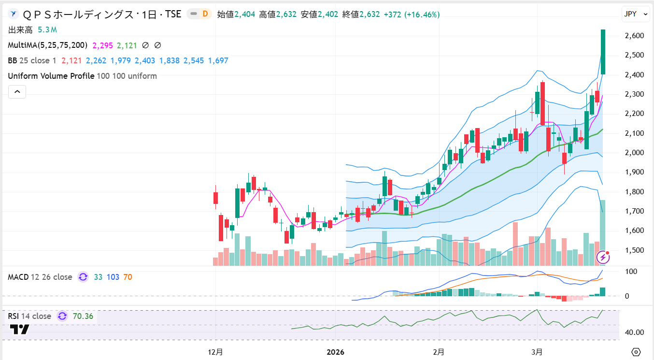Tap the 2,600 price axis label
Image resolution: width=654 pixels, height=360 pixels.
[634, 36]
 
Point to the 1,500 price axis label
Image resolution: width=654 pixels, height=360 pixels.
[634, 250]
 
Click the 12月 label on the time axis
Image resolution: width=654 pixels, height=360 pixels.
[215, 352]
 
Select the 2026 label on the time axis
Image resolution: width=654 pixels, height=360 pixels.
[335, 352]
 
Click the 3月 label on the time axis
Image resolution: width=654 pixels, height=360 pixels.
[537, 352]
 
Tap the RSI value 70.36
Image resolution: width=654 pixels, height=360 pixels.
[83, 317]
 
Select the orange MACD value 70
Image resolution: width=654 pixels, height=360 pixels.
[128, 277]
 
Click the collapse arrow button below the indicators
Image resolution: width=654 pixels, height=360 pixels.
[17, 91]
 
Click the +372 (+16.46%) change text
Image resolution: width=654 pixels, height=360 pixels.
[412, 14]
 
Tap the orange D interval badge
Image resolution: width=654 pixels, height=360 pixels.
[205, 14]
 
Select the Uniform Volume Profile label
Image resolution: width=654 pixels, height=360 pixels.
[51, 76]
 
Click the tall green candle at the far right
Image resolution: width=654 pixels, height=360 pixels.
[603, 52]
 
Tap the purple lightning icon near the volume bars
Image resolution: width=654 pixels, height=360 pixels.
[603, 257]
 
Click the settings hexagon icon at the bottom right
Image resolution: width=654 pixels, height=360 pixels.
[636, 352]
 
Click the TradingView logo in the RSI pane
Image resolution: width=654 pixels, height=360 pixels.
[19, 330]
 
